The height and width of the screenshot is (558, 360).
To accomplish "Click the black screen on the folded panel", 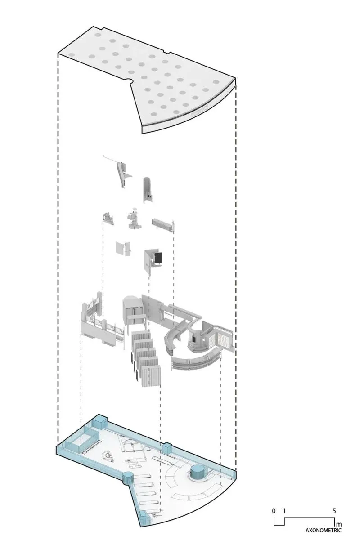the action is (158, 258).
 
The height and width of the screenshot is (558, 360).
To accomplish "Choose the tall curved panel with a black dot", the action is (148, 190).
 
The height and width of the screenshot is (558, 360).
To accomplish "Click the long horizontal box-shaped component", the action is (162, 224).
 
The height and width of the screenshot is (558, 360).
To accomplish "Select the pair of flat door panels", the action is (123, 248).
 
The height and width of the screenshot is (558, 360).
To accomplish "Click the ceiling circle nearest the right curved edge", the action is (216, 82).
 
